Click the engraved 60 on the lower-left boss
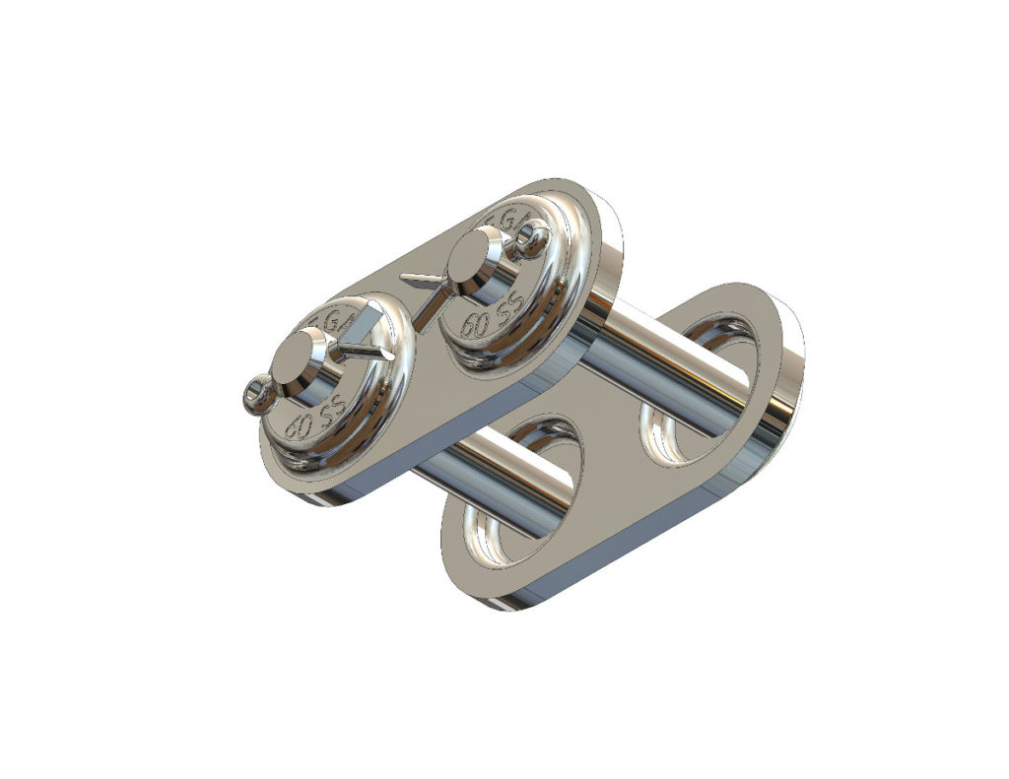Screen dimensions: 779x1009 pos(295,428)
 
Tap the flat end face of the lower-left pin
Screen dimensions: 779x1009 pos(301,356)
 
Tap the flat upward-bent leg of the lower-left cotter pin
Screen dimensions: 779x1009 pos(366,321)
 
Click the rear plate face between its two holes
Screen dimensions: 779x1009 pos(611,473)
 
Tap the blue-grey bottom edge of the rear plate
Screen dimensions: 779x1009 pos(631,561)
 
